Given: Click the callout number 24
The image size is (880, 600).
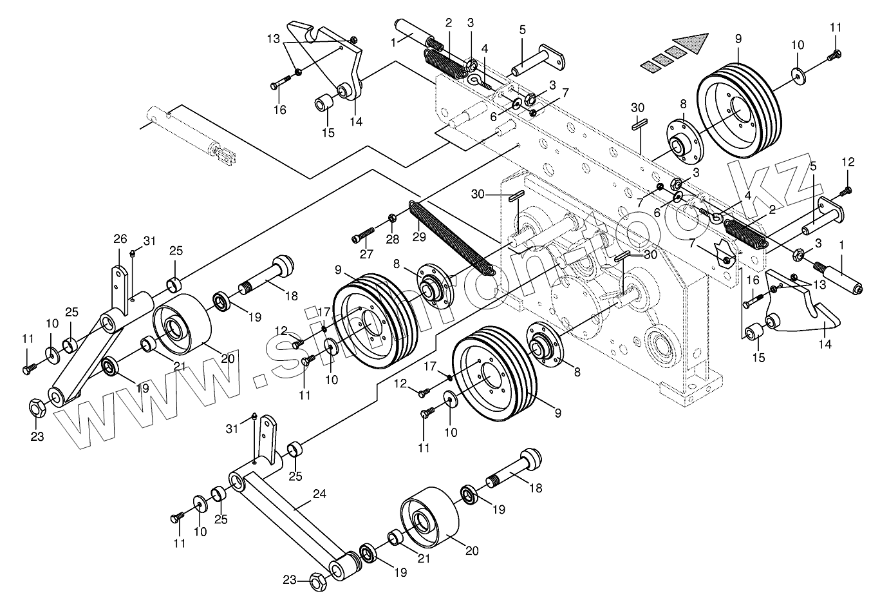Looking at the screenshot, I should [x=319, y=494].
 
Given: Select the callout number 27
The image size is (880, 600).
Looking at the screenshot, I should [x=366, y=254].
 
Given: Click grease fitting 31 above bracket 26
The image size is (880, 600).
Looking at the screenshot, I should [x=133, y=252].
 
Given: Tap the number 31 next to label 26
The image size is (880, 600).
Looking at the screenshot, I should [x=149, y=241].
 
